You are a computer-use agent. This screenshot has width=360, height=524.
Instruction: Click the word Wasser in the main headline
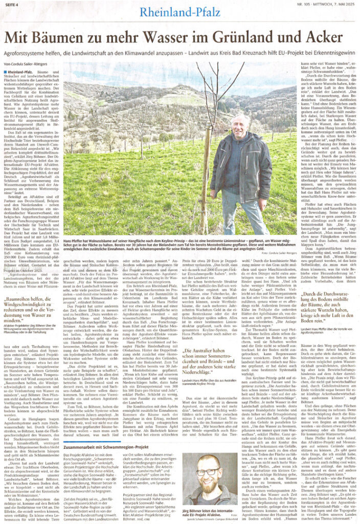(145, 37)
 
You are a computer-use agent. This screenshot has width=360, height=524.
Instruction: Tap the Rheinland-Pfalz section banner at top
(180, 13)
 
